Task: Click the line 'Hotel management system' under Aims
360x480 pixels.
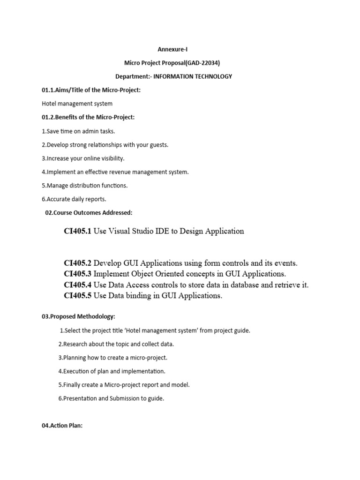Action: pyautogui.click(x=77, y=104)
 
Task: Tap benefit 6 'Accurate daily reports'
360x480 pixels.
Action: pyautogui.click(x=74, y=199)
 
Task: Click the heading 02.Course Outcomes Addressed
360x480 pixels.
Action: pyautogui.click(x=89, y=213)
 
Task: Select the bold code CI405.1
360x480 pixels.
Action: pyautogui.click(x=77, y=231)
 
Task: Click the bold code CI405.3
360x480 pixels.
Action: pyautogui.click(x=77, y=274)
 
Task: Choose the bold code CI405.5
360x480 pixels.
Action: pyautogui.click(x=77, y=296)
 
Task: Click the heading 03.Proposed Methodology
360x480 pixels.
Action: pyautogui.click(x=78, y=317)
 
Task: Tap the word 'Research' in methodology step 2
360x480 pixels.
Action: pyautogui.click(x=74, y=344)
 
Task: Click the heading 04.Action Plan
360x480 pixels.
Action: pyautogui.click(x=62, y=426)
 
